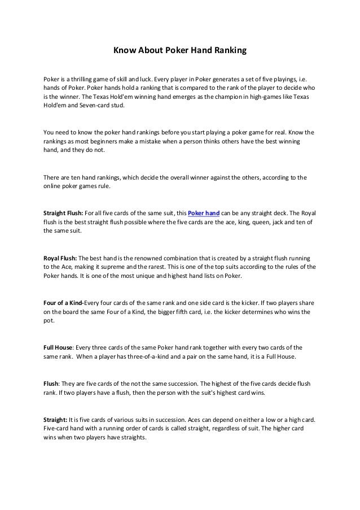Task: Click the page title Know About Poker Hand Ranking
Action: coord(181,51)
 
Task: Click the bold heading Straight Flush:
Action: coord(63,213)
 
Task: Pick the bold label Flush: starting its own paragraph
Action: coord(52,383)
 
